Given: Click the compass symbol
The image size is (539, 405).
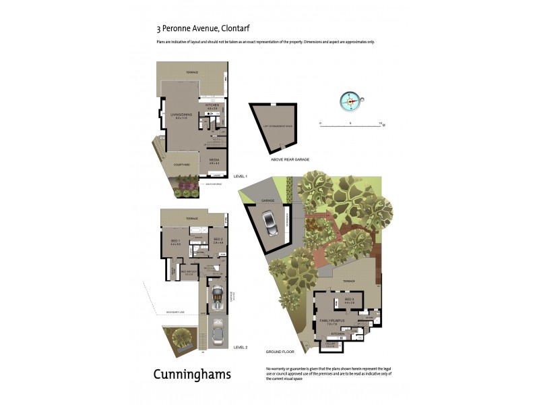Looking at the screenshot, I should tap(351, 101).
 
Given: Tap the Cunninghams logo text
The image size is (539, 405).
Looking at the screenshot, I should tap(192, 374).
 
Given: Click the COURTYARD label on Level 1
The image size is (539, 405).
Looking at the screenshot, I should tap(181, 164).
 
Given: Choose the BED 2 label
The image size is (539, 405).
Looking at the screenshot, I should tap(217, 240).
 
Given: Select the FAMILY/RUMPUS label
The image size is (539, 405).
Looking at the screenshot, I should tap(336, 321).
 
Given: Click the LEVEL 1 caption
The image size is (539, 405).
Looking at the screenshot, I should tap(240, 176).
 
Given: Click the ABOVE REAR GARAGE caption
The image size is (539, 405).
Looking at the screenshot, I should tap(290, 159).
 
